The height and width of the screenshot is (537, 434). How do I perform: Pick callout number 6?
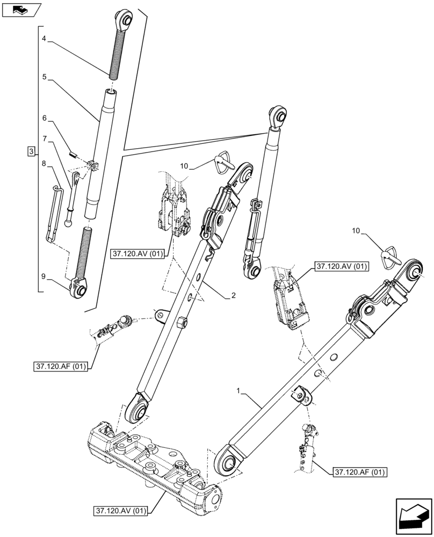click(x=45, y=117)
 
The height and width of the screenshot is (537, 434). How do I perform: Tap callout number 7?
click(x=45, y=140)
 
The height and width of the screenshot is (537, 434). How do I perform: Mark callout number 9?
click(x=45, y=278)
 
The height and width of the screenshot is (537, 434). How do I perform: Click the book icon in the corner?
click(x=21, y=9)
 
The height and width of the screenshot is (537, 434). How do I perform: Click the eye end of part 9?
click(x=81, y=291)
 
